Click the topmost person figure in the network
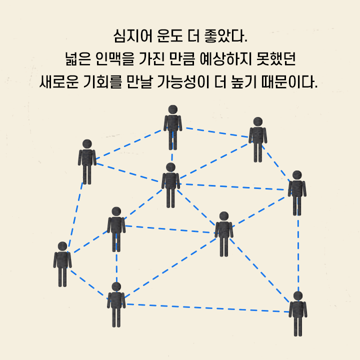172,127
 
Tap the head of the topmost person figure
172,109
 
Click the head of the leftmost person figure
62,246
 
